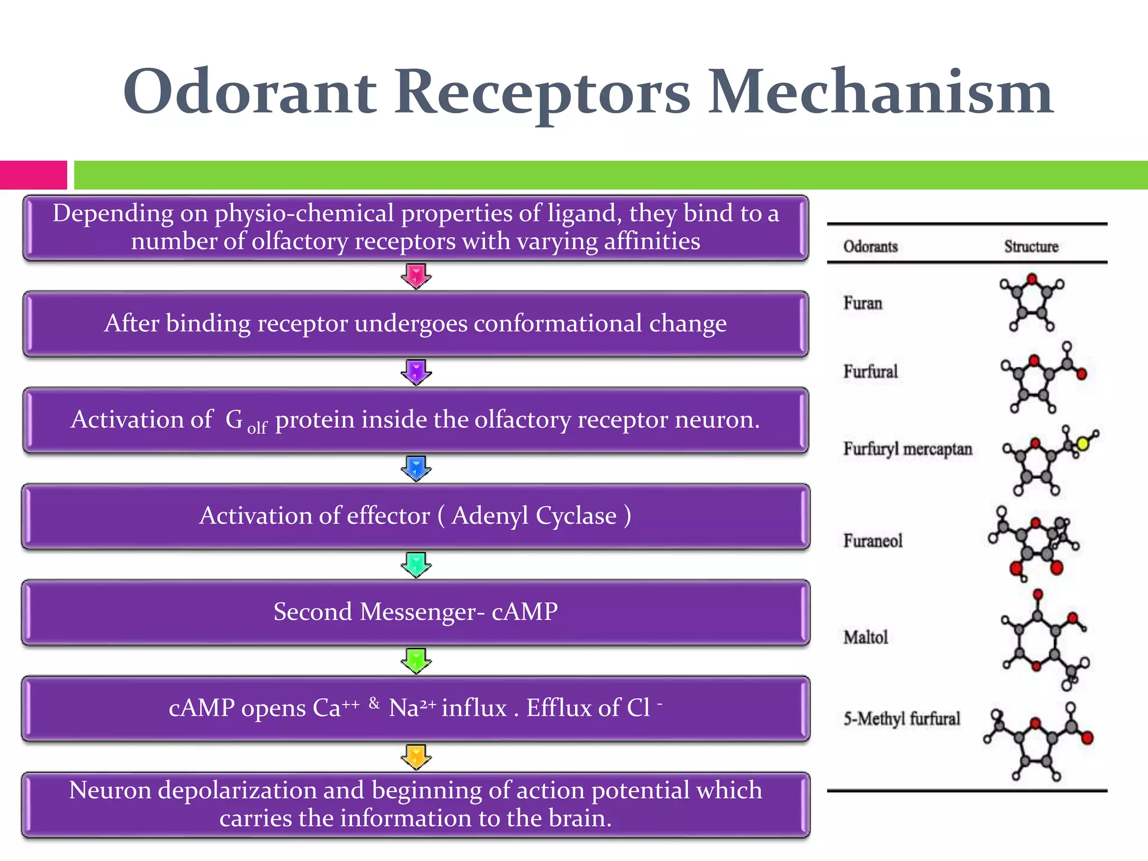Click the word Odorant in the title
tap(249, 92)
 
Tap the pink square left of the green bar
tap(33, 175)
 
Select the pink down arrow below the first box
tap(416, 276)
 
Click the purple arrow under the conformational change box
tap(416, 372)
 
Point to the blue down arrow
tap(416, 468)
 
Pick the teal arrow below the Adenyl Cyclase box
tap(416, 564)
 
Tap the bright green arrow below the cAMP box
tap(416, 660)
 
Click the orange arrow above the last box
tap(416, 757)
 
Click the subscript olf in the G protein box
tap(257, 428)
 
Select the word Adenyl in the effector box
tap(489, 515)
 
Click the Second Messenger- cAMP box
tap(415, 612)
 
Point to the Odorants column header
tap(871, 247)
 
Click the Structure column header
tap(1031, 247)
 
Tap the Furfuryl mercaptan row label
tap(908, 449)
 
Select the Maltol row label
tap(866, 637)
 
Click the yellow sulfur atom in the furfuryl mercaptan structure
tap(1082, 444)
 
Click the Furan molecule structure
tap(1031, 303)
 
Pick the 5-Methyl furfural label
tap(902, 719)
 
